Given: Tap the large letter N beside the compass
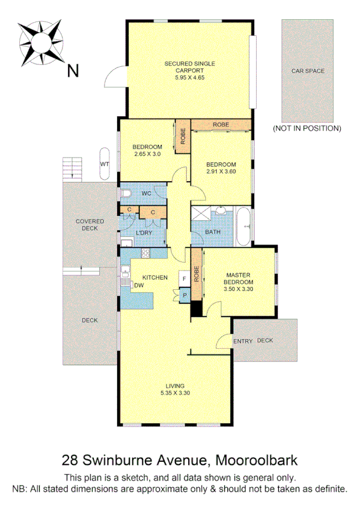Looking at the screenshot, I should [73, 71].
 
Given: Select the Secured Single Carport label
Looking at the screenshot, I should [190, 70].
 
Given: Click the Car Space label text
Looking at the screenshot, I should [308, 71].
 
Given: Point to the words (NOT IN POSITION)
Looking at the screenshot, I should [307, 128].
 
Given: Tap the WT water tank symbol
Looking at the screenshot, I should [105, 164].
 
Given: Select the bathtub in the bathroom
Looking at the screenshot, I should [243, 226].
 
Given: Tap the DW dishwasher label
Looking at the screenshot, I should [138, 285].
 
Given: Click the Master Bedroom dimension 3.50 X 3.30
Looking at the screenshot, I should [239, 289].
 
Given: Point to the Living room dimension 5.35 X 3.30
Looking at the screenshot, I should [175, 393].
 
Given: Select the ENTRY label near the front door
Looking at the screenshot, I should [243, 341].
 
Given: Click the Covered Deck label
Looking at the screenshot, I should [90, 224].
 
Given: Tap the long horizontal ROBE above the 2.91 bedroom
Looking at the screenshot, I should [221, 124].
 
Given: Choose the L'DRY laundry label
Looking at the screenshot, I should [144, 233].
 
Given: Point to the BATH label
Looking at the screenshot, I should [212, 232].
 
